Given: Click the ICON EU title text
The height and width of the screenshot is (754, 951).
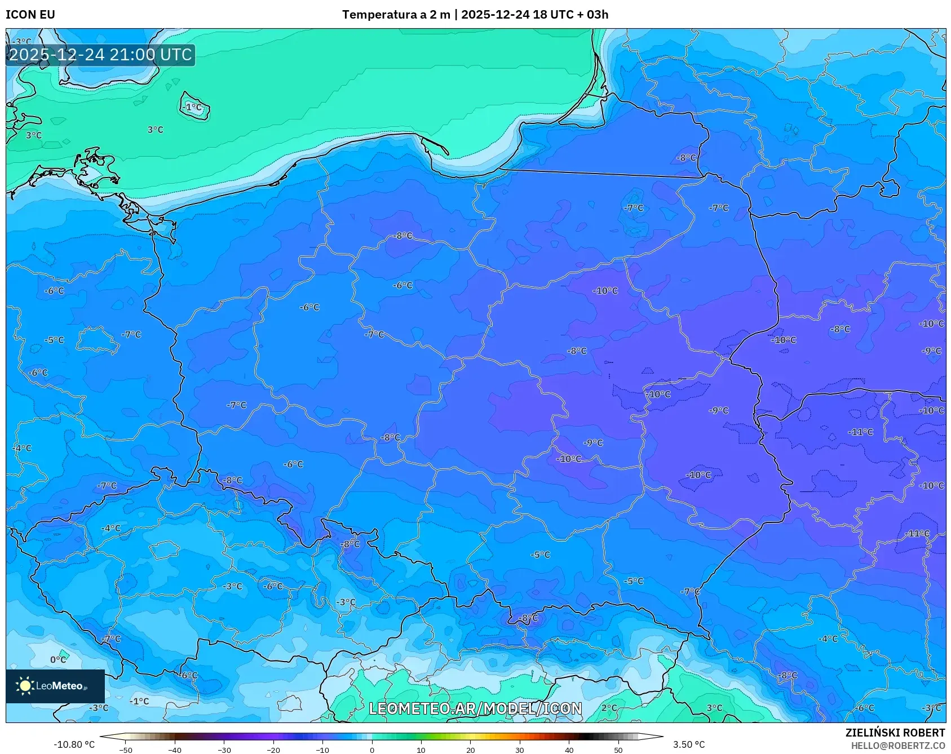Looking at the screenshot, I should pyautogui.click(x=30, y=15).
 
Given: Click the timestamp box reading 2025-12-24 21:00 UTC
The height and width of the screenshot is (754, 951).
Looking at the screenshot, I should pyautogui.click(x=100, y=55).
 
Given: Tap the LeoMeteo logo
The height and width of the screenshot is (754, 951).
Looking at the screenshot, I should pyautogui.click(x=55, y=686).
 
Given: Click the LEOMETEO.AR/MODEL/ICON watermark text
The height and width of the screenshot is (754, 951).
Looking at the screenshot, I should pyautogui.click(x=475, y=708).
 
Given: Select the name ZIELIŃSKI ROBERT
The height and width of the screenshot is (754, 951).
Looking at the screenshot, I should pyautogui.click(x=895, y=733).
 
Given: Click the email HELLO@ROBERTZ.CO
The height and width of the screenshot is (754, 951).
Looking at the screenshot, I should pyautogui.click(x=897, y=746).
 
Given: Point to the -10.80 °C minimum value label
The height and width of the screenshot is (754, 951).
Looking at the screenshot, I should pyautogui.click(x=74, y=744).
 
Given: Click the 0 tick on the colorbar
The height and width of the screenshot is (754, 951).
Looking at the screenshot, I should pyautogui.click(x=371, y=750).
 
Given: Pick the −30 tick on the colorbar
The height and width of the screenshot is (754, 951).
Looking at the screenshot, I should pyautogui.click(x=224, y=750).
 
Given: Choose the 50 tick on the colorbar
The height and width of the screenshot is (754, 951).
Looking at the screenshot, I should pyautogui.click(x=618, y=750).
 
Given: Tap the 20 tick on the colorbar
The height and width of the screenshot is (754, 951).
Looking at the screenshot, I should pyautogui.click(x=470, y=750).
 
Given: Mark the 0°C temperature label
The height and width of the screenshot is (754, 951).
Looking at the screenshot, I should pyautogui.click(x=58, y=659).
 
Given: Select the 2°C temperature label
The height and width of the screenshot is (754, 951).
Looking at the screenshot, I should pyautogui.click(x=609, y=708).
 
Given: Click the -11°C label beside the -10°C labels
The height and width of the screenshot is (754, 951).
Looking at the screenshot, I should pyautogui.click(x=860, y=432).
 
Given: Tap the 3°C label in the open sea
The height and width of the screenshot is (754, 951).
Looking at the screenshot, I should pyautogui.click(x=156, y=130).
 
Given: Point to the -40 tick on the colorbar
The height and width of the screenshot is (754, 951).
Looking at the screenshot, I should pyautogui.click(x=175, y=750).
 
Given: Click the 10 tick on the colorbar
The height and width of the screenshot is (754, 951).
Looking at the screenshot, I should pyautogui.click(x=421, y=750).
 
